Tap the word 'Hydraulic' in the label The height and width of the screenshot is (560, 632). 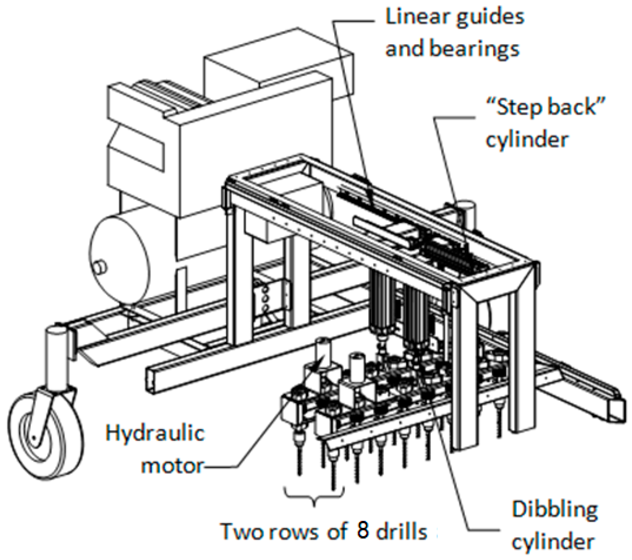coord(155,433)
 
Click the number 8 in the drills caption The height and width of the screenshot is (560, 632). coord(363,531)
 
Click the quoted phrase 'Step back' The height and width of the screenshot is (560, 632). coord(545,107)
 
